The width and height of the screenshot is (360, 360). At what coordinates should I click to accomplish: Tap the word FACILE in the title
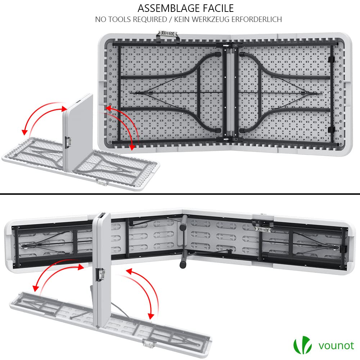pyautogui.click(x=218, y=8)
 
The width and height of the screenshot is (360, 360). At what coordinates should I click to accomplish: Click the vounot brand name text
pyautogui.click(x=336, y=346)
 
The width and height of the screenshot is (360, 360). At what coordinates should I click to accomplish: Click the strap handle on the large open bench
pyautogui.click(x=263, y=228)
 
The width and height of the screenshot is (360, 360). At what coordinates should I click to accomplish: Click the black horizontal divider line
pyautogui.click(x=180, y=194)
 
